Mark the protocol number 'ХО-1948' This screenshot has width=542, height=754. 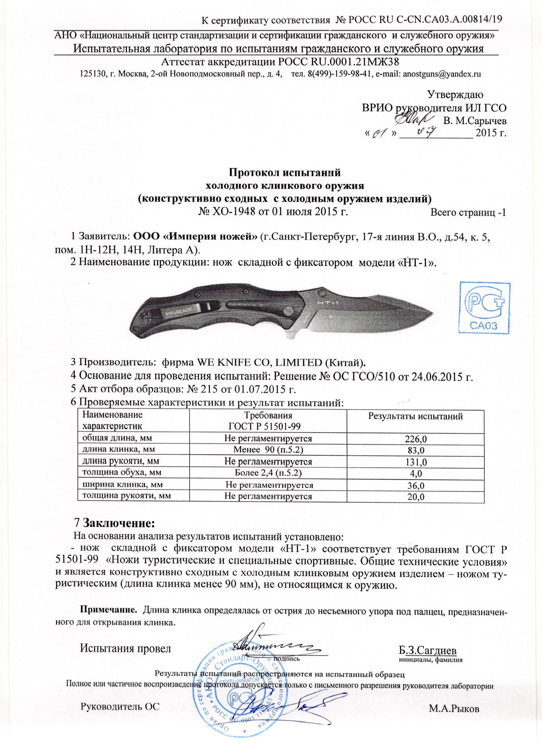[225, 212]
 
